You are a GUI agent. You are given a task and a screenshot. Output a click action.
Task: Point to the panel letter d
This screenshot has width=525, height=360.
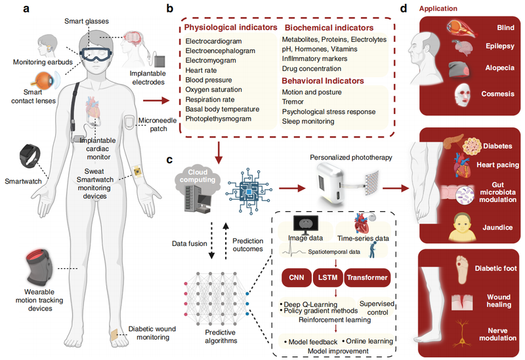point(404,10)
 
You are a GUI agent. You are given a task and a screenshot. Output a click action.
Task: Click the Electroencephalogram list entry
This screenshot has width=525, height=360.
point(220,54)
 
